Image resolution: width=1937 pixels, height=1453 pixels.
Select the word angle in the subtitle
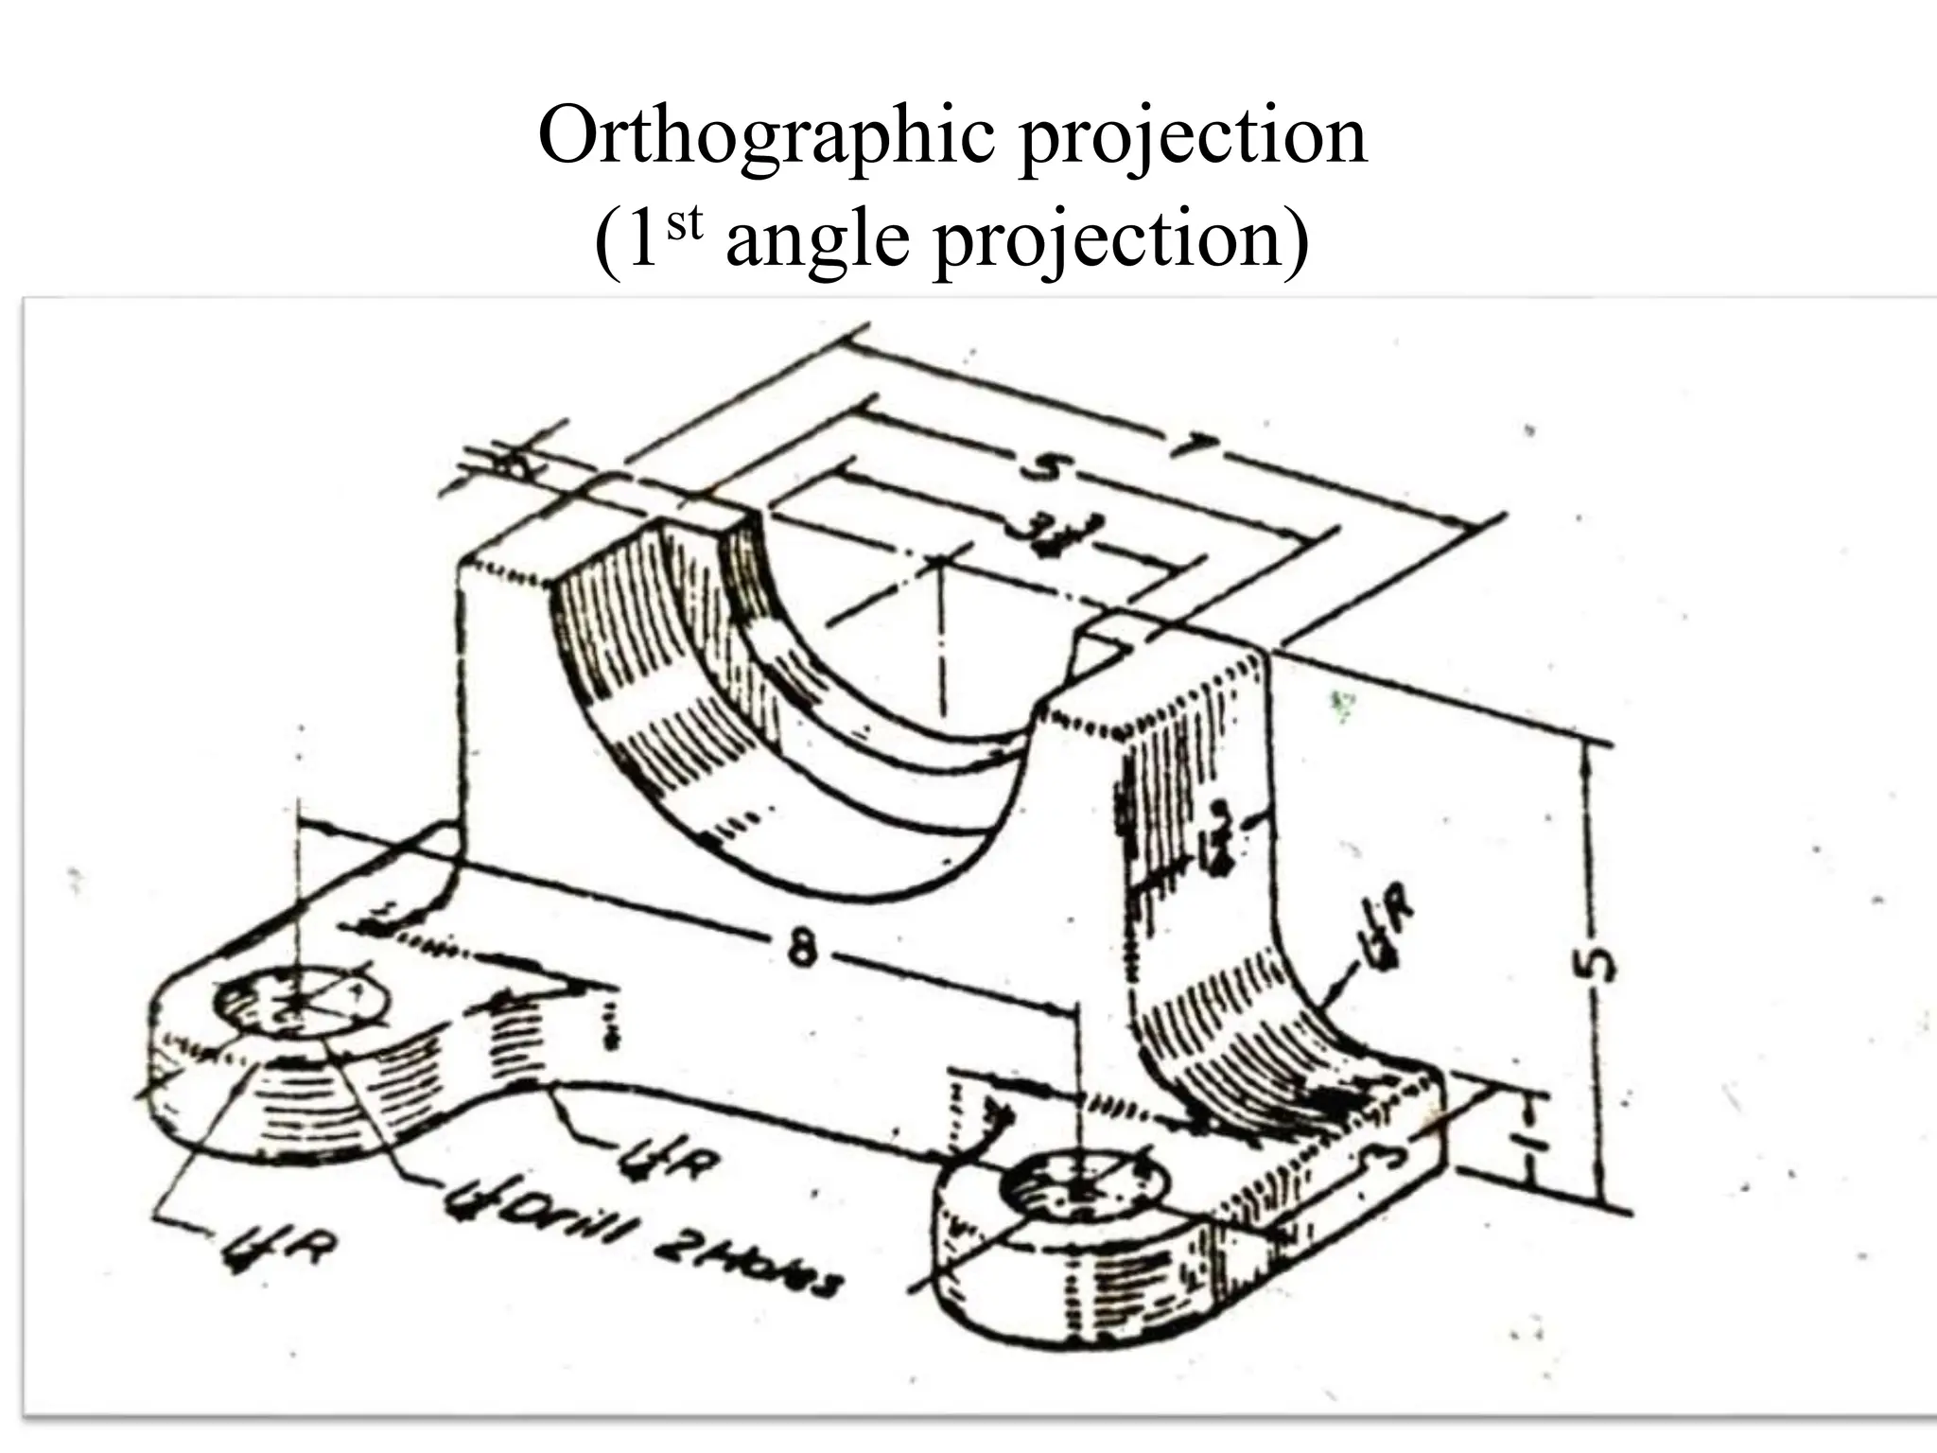[820, 241]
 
